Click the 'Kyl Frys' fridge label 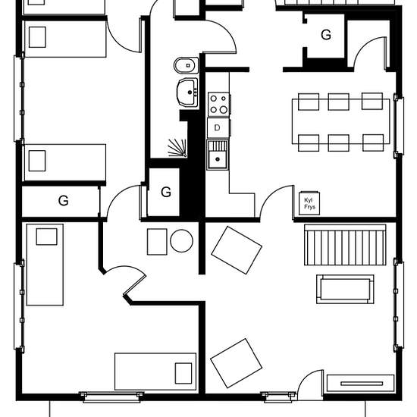pyautogui.click(x=309, y=203)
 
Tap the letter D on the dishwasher pyautogui.click(x=217, y=128)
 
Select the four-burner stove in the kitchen pyautogui.click(x=218, y=104)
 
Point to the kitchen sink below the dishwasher pyautogui.click(x=218, y=155)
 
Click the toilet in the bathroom pyautogui.click(x=187, y=65)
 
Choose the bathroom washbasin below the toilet pyautogui.click(x=187, y=92)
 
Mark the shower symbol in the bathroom pyautogui.click(x=177, y=148)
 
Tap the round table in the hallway pyautogui.click(x=182, y=240)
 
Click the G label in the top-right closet pyautogui.click(x=326, y=35)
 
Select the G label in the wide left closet pyautogui.click(x=63, y=200)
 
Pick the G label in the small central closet pyautogui.click(x=166, y=192)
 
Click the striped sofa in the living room pyautogui.click(x=345, y=245)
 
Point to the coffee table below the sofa pyautogui.click(x=345, y=289)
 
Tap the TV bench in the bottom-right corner pyautogui.click(x=360, y=383)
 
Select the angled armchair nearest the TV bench pyautogui.click(x=236, y=363)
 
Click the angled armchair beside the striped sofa pyautogui.click(x=237, y=250)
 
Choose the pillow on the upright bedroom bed pyautogui.click(x=46, y=237)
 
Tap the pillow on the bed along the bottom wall pyautogui.click(x=183, y=373)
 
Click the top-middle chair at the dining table pyautogui.click(x=339, y=102)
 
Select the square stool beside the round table pyautogui.click(x=157, y=242)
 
